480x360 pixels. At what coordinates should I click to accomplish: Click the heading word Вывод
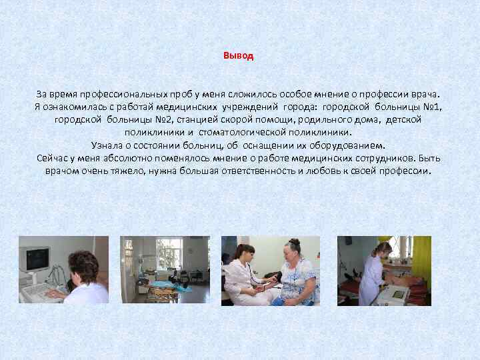click(239, 56)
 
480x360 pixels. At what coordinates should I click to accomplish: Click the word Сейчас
click(55, 158)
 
